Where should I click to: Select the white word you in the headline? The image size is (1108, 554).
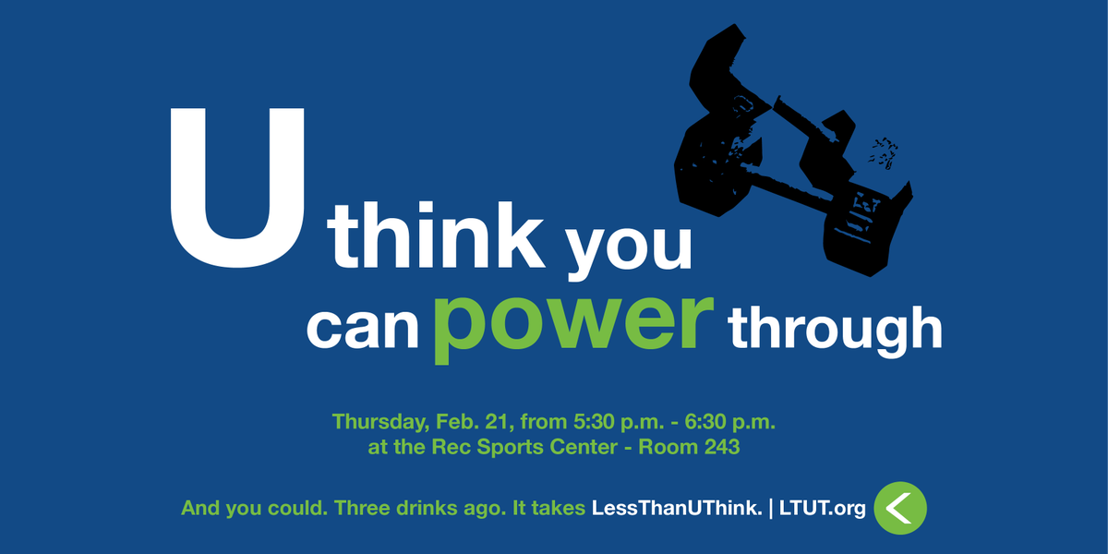[x=628, y=246]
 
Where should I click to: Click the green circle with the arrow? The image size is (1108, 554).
[x=899, y=507]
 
